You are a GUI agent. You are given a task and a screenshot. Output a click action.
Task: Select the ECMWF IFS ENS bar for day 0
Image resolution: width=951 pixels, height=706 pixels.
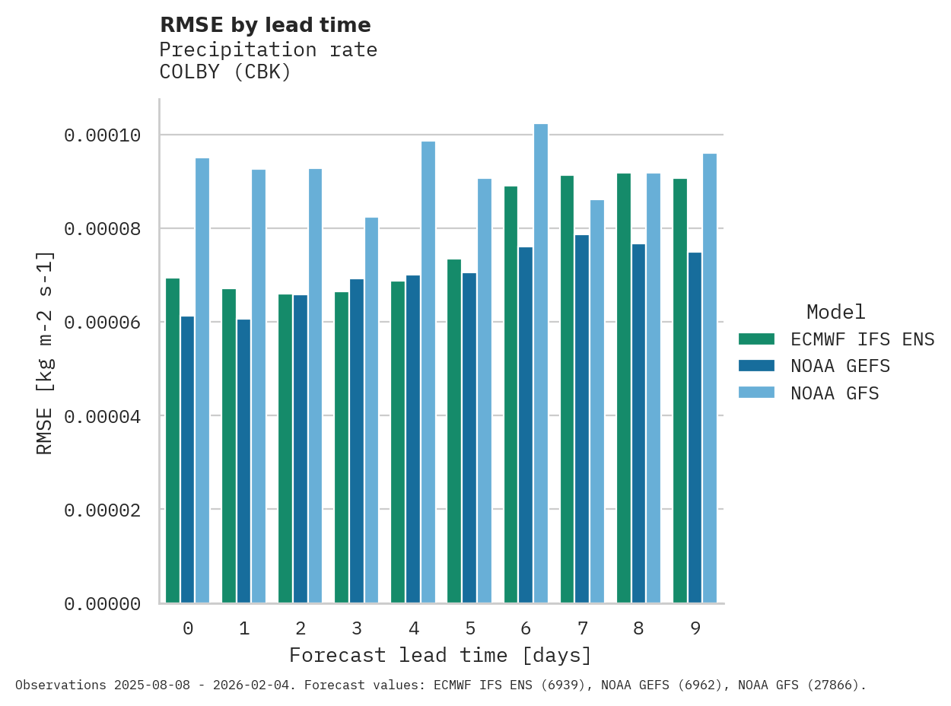[x=173, y=440]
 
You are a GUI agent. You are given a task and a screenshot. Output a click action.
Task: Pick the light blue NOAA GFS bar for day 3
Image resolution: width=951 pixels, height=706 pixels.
[x=371, y=410]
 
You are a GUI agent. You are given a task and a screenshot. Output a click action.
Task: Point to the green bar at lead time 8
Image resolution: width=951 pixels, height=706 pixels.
[x=624, y=388]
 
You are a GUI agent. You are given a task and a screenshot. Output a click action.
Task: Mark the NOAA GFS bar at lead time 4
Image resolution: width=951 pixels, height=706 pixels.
[x=428, y=372]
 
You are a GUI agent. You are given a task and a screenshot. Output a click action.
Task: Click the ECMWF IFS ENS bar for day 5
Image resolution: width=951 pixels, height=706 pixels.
[x=454, y=431]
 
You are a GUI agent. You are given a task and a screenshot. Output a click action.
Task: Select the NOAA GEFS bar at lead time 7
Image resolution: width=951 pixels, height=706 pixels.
[x=582, y=418]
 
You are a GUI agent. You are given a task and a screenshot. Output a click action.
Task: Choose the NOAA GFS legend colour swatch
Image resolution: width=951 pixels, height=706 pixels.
[x=756, y=393]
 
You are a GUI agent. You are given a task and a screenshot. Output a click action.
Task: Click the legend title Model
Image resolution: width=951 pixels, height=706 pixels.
[x=835, y=312]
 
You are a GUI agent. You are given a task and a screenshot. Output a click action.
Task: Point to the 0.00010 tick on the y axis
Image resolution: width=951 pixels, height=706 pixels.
[x=103, y=135]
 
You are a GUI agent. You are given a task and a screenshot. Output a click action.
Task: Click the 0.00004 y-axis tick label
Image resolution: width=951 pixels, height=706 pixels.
[x=103, y=416]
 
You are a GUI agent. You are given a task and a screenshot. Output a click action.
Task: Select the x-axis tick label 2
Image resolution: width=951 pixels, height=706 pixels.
[x=301, y=628]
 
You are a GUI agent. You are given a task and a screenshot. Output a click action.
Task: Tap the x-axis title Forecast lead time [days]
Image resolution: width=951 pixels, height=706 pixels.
[x=441, y=655]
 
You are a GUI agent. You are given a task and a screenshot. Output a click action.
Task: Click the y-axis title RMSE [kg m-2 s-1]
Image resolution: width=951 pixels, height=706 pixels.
[x=45, y=351]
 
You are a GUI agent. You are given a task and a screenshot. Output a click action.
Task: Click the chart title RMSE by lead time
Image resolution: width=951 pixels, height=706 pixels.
[x=266, y=25]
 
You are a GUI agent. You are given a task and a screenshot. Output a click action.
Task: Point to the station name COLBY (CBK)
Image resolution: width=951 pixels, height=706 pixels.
[x=225, y=72]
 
